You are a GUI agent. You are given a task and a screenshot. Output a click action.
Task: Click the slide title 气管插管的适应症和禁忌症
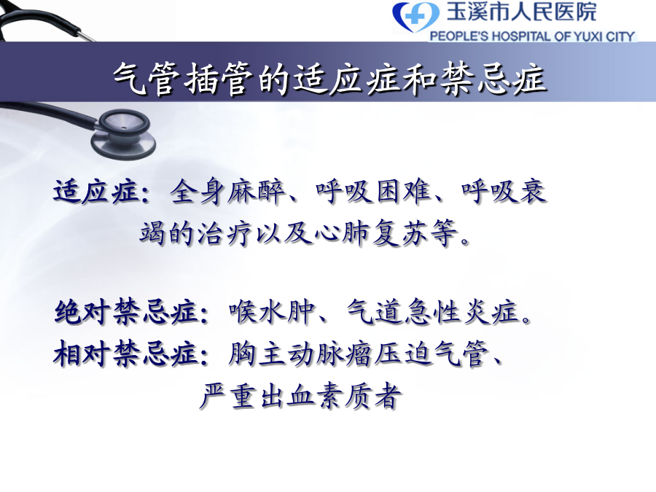329,78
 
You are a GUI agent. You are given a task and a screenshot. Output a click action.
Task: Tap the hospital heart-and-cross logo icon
416,17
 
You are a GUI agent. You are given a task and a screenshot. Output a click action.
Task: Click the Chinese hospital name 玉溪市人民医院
521,12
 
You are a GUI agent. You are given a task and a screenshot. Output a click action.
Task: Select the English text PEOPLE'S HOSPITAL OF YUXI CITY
532,36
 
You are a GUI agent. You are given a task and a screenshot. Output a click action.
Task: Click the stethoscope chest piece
123,133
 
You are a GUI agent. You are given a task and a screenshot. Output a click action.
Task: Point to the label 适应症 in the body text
95,192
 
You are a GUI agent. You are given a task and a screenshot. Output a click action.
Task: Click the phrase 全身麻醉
227,192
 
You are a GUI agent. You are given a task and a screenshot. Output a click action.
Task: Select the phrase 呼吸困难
373,192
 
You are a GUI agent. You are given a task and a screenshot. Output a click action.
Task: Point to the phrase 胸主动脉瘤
300,354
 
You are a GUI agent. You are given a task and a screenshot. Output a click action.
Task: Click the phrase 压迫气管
431,354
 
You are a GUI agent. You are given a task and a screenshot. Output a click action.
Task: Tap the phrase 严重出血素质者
300,395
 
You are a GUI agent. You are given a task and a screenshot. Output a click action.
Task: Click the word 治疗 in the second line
224,233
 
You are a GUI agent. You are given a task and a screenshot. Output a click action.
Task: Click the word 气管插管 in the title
183,78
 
